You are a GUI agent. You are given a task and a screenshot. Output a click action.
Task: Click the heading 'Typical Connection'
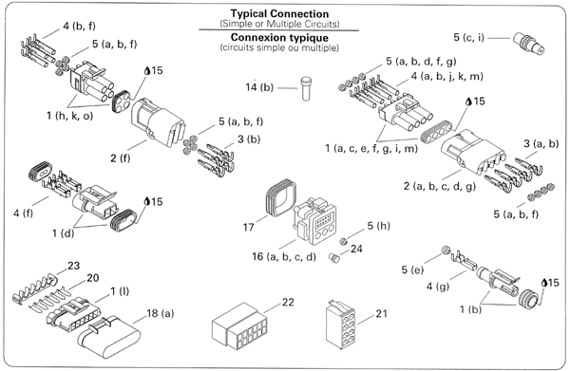[279, 14]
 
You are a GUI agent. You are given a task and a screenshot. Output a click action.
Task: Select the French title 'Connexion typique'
[279, 37]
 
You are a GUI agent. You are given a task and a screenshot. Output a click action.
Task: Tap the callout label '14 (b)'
[259, 87]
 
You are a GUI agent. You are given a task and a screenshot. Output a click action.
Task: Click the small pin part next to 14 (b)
[306, 88]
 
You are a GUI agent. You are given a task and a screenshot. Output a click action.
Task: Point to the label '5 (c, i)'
[468, 37]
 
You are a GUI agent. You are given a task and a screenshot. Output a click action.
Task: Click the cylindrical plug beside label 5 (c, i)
[529, 44]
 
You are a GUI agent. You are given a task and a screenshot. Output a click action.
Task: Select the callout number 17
[248, 227]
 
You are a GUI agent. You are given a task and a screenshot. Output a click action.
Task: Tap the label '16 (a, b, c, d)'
[284, 256]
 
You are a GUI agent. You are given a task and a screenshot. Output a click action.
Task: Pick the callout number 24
[356, 249]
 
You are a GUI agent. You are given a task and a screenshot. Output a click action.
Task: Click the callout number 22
[288, 302]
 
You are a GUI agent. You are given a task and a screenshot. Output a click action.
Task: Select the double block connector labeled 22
[240, 326]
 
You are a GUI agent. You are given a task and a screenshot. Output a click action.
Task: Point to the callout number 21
[381, 313]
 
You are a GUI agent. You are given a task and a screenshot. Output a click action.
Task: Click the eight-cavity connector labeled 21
[340, 325]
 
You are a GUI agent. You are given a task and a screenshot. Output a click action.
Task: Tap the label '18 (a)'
[160, 313]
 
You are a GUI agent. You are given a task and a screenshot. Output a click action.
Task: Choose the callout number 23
[73, 266]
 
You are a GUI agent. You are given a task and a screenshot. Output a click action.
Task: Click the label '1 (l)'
[120, 291]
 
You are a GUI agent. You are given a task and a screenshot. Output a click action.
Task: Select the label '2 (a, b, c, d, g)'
[440, 186]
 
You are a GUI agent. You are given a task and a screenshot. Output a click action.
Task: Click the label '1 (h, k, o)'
[69, 116]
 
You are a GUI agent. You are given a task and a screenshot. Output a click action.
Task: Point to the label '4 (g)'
[438, 287]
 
